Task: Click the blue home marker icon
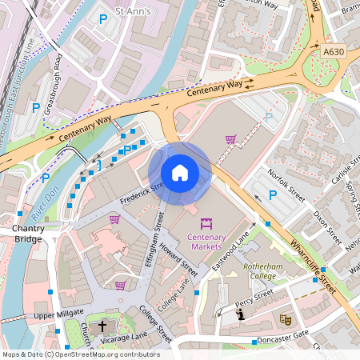tap(180, 173)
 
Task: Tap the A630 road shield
tap(334, 50)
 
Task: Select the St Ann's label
tap(133, 13)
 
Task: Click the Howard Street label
tap(177, 257)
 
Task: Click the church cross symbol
tap(102, 326)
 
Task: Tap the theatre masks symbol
tap(284, 318)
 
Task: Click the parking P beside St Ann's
tap(102, 18)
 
